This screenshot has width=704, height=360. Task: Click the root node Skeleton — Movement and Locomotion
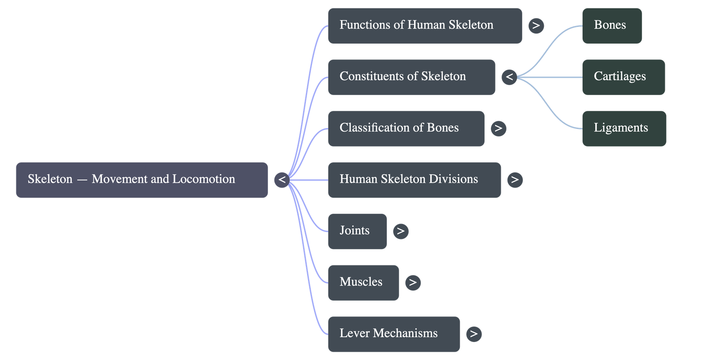click(x=142, y=180)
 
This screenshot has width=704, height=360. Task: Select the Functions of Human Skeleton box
click(x=425, y=26)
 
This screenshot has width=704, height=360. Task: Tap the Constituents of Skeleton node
click(x=411, y=77)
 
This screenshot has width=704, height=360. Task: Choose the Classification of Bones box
click(x=406, y=129)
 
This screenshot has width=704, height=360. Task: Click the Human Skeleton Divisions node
click(x=414, y=180)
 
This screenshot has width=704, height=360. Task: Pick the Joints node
click(x=357, y=231)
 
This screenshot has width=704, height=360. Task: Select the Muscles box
click(x=363, y=283)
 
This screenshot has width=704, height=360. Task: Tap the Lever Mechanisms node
click(x=394, y=334)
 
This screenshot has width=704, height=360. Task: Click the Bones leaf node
click(x=612, y=26)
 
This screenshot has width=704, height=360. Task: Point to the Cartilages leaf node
click(x=623, y=77)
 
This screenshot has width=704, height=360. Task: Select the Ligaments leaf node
click(x=624, y=129)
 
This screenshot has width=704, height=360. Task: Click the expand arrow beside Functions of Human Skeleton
click(x=536, y=26)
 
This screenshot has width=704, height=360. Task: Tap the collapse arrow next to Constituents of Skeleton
click(x=509, y=77)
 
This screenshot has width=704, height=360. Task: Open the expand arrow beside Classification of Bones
click(x=498, y=129)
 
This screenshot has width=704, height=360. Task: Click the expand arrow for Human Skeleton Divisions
click(x=515, y=180)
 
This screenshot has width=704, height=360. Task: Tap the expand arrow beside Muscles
click(x=413, y=283)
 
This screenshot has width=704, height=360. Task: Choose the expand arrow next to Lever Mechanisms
click(x=473, y=334)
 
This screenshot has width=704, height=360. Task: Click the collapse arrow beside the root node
click(x=282, y=180)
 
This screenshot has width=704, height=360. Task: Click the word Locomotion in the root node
click(x=204, y=179)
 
